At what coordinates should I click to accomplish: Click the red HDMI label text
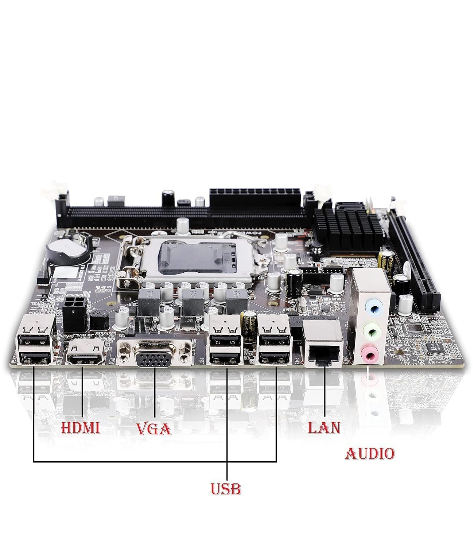click(80, 428)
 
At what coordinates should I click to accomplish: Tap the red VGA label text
click(154, 429)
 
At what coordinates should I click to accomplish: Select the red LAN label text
click(324, 428)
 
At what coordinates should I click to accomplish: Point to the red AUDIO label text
click(369, 454)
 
